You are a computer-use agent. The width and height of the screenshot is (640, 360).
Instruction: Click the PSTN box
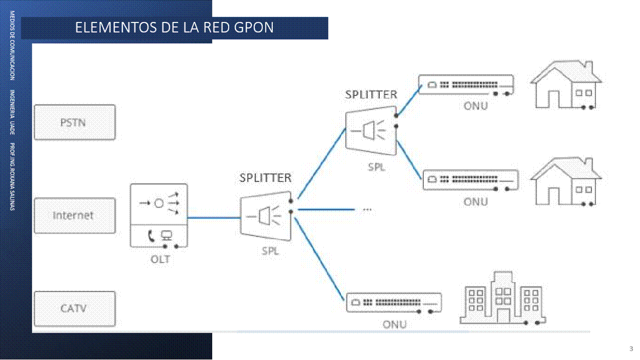coord(74,122)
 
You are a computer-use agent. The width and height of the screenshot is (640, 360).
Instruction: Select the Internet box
coord(74,215)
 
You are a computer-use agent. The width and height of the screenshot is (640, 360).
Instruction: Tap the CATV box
coord(74,308)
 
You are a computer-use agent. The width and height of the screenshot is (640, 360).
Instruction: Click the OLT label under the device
coord(160,259)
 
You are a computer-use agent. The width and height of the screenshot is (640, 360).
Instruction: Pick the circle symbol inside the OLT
coord(159,203)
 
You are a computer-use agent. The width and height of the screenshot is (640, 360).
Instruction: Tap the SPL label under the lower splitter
coord(270,251)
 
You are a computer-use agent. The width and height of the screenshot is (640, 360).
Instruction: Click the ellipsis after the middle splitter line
coord(367,209)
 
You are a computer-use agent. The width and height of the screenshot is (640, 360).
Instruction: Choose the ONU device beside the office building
coord(394,302)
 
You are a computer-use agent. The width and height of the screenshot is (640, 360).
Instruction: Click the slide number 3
coord(631,348)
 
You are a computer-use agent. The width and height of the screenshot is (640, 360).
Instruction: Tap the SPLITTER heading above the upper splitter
coord(371,94)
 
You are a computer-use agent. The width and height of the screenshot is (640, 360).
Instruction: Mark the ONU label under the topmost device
coord(475,106)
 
